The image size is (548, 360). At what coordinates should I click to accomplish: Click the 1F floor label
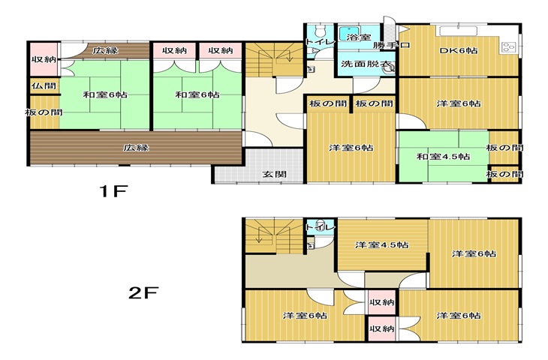point(114,191)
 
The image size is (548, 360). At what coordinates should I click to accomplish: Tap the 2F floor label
point(143,293)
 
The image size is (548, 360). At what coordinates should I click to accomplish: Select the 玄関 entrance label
point(275,174)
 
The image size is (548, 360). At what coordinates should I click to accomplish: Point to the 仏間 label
point(44,85)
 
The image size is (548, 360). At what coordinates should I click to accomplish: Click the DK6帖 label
point(459,50)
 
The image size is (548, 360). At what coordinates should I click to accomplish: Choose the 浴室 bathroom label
point(358,37)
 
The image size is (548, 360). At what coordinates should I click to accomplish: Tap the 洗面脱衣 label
point(366,64)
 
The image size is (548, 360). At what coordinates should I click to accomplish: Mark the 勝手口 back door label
point(391,45)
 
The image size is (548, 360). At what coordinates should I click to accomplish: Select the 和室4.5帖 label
point(443,156)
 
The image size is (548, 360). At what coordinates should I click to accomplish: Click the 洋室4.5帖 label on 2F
point(381,244)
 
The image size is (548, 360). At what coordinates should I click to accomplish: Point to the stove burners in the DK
point(508,46)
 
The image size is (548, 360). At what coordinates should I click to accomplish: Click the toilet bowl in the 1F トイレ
point(320,31)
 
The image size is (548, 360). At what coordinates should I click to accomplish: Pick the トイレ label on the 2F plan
point(320,227)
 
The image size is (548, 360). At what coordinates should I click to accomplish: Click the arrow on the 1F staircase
point(290,55)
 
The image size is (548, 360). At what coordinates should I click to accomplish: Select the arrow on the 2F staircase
point(259,235)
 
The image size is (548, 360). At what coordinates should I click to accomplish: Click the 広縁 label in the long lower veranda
point(136,147)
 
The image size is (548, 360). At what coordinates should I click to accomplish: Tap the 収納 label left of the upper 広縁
point(44,59)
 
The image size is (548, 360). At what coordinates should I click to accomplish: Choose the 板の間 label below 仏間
point(44,112)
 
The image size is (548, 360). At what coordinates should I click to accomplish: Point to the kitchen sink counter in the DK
point(458,31)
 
